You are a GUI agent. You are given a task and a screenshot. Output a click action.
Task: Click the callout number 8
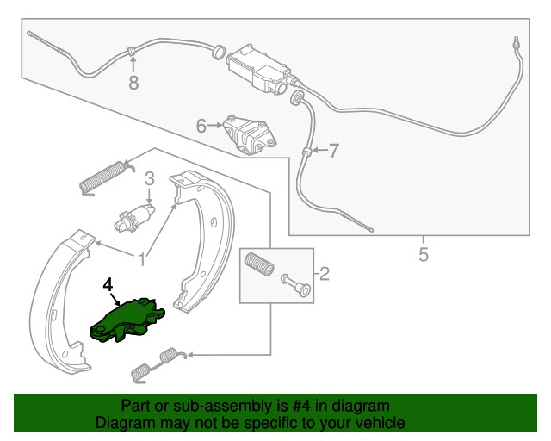point(133,84)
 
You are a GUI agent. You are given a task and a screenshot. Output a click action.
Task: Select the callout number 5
point(424,254)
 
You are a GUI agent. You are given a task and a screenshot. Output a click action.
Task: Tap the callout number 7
point(334,152)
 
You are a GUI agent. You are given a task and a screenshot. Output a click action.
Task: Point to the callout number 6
point(201,127)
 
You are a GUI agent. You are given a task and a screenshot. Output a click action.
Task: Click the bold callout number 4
point(107,283)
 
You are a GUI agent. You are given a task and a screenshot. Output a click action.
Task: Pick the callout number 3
point(149,179)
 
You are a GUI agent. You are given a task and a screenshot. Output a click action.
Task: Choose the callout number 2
point(324,275)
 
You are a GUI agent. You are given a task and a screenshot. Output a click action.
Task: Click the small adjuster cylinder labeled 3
point(133,217)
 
